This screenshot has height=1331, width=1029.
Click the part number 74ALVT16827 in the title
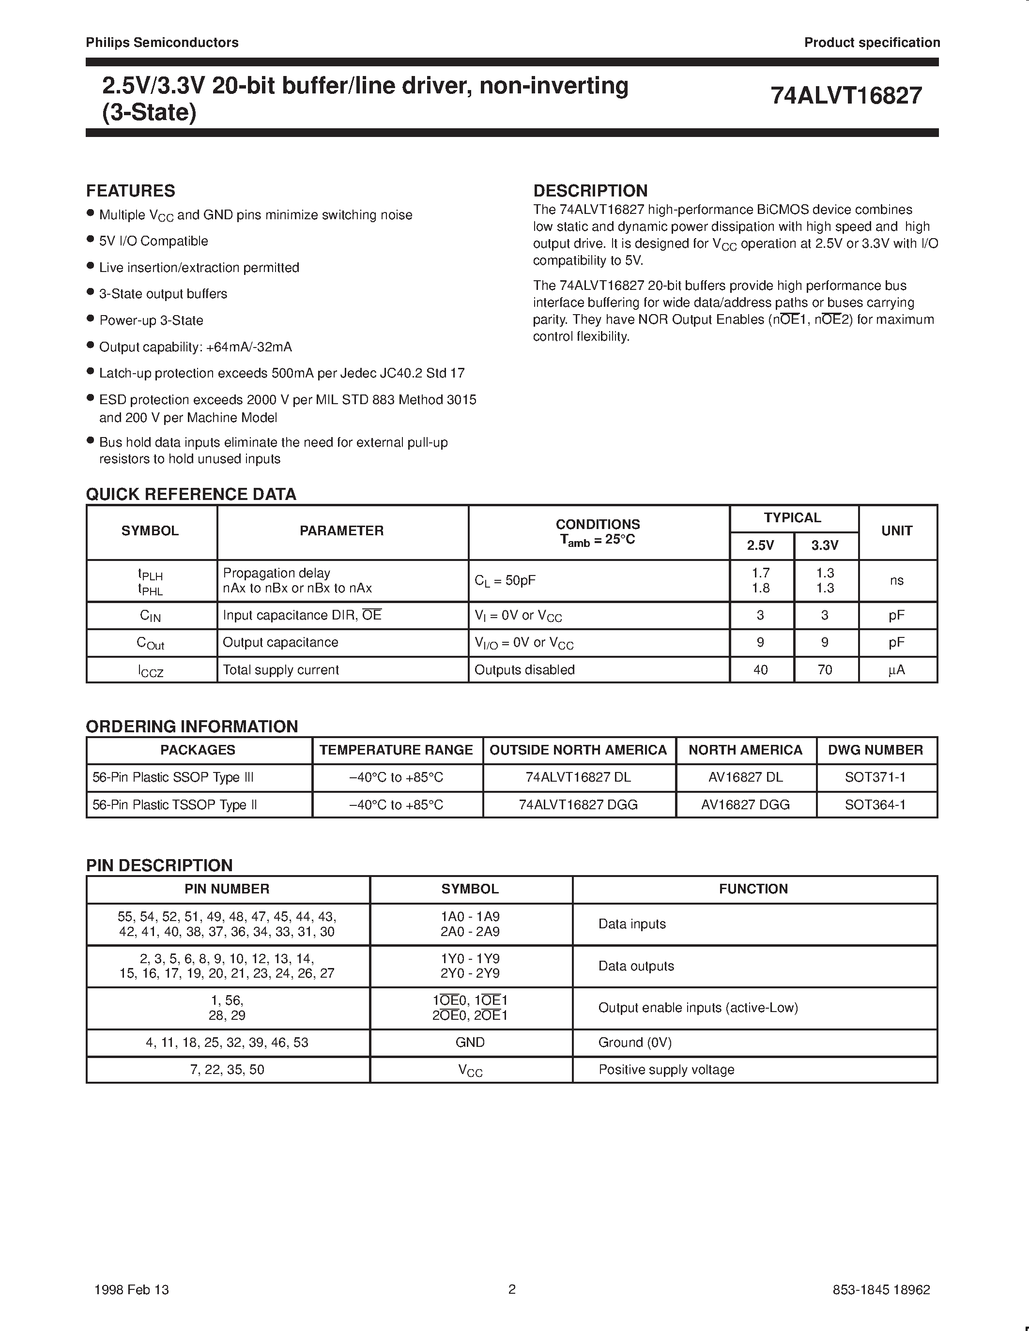tap(845, 96)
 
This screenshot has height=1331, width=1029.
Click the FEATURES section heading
tap(130, 191)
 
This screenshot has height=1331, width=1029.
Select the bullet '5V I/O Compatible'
tap(154, 242)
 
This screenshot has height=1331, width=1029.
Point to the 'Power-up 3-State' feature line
tap(151, 320)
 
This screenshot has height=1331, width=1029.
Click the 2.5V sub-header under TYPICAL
tap(760, 545)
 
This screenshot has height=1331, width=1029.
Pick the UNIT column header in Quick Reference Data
tap(897, 531)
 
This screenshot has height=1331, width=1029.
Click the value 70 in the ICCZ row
tap(824, 670)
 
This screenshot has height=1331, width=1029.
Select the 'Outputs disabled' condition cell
tap(524, 670)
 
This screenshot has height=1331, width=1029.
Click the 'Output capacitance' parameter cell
tap(280, 642)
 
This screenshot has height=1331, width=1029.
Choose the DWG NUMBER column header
tap(875, 750)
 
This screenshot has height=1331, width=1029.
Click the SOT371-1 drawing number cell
tap(875, 778)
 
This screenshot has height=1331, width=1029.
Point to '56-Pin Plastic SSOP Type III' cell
tap(173, 778)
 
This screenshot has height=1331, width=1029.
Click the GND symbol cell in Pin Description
tap(470, 1043)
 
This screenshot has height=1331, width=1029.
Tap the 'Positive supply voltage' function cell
tap(666, 1070)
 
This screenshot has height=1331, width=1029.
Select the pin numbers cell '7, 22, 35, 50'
tap(228, 1070)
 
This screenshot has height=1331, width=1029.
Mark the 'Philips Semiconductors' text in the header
tap(162, 43)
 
